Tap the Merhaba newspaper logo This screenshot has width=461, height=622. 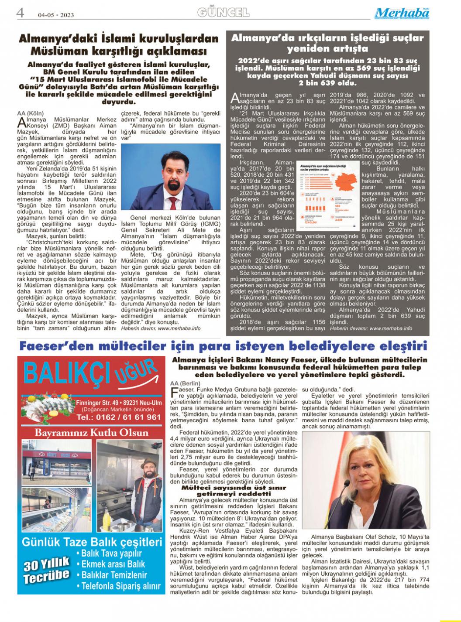(x=402, y=13)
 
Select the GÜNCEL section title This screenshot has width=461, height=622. (x=223, y=12)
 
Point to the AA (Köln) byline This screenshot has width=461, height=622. (x=30, y=113)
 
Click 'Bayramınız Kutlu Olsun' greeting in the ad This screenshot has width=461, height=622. (x=92, y=433)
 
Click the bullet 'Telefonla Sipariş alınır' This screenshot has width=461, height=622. (x=119, y=586)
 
